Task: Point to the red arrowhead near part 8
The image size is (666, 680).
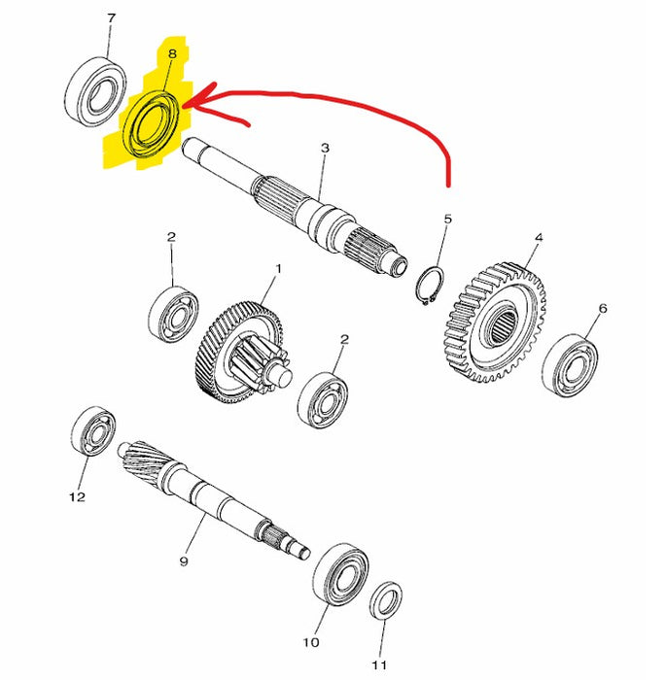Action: pos(191,99)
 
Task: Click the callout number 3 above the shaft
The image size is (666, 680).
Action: pos(325,148)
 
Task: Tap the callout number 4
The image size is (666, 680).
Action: pos(538,236)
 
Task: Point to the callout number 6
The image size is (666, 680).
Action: pos(602,308)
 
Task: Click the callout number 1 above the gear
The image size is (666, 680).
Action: pos(277,268)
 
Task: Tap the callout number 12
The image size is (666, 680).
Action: pos(77,497)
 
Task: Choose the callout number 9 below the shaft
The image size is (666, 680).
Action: pos(183,562)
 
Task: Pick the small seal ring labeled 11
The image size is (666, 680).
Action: pos(388,599)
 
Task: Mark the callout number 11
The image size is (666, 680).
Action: pos(380,664)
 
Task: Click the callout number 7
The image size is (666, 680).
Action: pos(110,18)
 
